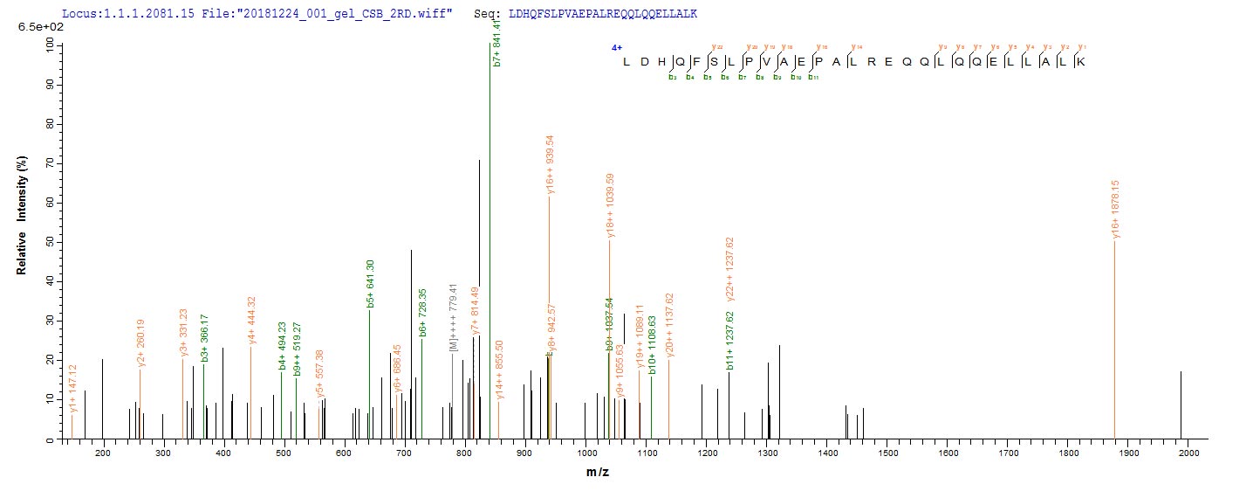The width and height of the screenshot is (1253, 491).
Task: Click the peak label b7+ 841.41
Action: tap(496, 41)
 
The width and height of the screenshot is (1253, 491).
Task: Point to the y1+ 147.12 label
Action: tap(73, 388)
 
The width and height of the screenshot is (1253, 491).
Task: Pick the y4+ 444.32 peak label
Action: tap(251, 321)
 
